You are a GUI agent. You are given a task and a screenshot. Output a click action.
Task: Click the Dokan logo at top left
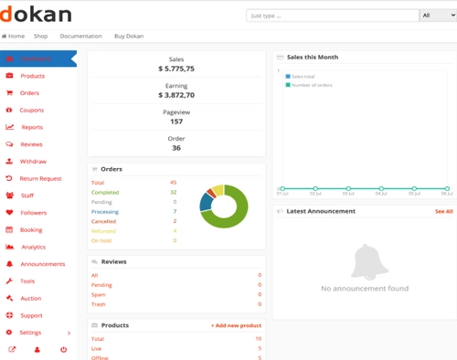click(37, 15)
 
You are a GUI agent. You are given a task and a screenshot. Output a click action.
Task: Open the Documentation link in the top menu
click(80, 36)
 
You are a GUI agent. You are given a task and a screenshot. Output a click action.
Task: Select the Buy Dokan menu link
click(128, 36)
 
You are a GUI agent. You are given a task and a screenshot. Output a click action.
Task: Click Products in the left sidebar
click(32, 76)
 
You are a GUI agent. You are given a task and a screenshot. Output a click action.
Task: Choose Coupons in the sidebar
click(31, 110)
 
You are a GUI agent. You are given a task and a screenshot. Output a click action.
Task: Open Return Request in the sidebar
click(40, 178)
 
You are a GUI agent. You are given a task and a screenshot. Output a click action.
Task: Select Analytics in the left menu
click(33, 247)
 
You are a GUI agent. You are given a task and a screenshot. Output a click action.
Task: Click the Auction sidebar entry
click(31, 298)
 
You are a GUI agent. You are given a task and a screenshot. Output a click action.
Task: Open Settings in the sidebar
click(30, 333)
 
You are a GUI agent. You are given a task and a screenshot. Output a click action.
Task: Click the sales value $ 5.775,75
click(175, 69)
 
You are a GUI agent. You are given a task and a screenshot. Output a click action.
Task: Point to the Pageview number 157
click(175, 122)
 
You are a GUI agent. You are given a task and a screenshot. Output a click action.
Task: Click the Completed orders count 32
click(173, 192)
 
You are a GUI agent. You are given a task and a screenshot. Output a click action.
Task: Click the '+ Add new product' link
click(236, 325)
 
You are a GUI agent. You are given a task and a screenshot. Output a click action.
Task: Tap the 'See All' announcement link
click(443, 211)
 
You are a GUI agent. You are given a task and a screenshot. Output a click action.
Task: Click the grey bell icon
click(365, 263)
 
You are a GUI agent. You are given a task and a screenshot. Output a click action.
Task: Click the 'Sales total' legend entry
click(305, 76)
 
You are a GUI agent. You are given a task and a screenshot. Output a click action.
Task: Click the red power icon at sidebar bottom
click(63, 350)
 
